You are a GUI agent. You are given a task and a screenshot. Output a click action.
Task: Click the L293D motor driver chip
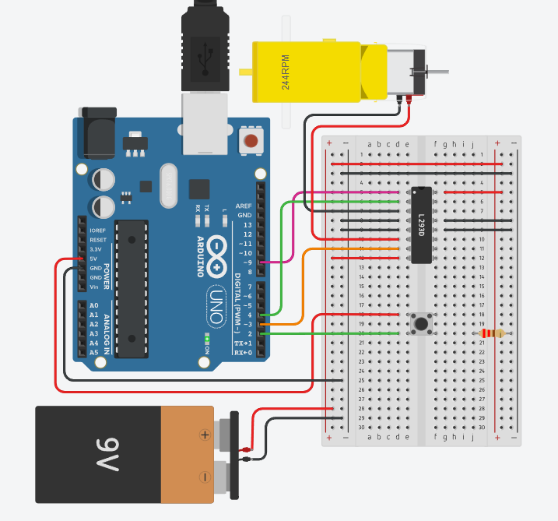tap(421, 225)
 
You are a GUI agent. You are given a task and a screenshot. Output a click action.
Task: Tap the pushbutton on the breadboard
tap(421, 322)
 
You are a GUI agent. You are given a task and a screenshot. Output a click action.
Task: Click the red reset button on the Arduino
tap(251, 141)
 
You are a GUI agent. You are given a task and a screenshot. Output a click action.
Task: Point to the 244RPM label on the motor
tap(286, 72)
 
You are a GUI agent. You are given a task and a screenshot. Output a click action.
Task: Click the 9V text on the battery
tap(107, 454)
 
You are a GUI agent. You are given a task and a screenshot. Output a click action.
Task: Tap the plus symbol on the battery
tap(205, 435)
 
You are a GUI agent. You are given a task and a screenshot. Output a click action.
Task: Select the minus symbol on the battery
tap(205, 476)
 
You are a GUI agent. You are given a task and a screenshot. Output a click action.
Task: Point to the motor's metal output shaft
tap(437, 72)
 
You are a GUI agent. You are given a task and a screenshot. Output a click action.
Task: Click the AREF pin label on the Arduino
tap(244, 206)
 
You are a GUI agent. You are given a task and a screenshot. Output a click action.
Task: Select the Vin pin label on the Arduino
tap(94, 287)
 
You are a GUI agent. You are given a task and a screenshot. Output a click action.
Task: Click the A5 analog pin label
tap(94, 352)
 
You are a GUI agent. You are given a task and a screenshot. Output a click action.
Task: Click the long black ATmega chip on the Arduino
tap(132, 288)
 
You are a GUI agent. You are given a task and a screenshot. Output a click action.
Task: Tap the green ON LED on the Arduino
tap(206, 340)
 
